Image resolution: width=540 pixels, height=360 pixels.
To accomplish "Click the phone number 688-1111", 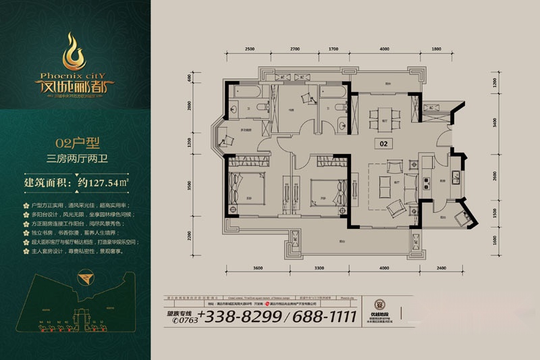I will pos(317,316).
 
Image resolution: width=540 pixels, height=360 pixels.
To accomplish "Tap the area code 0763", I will pos(183,321).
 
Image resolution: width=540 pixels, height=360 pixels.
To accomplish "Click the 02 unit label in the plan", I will pos(383,143).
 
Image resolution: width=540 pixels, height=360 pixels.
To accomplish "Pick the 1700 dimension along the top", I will pos(333,49).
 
